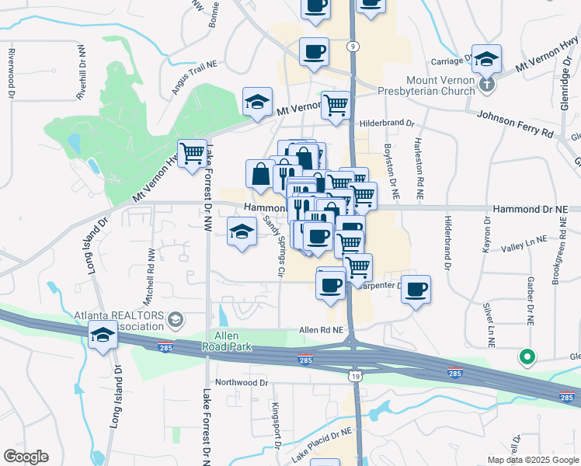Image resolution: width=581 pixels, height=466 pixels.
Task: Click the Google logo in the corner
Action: (x=26, y=457)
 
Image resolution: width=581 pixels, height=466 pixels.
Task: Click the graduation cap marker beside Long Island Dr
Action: (x=103, y=337)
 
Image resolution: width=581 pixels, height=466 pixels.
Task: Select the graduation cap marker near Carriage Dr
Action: (x=486, y=59)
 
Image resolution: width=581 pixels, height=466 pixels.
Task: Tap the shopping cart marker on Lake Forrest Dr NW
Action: (x=192, y=152)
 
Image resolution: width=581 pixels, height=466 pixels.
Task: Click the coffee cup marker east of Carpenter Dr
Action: (x=416, y=289)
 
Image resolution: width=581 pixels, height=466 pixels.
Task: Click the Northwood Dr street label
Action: (x=241, y=382)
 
